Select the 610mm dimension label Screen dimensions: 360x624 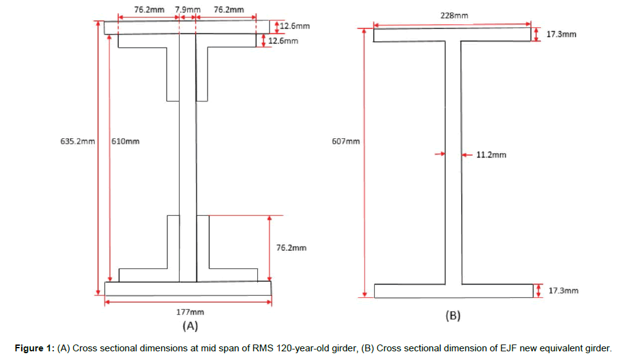pyautogui.click(x=126, y=141)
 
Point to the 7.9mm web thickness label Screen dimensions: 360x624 pyautogui.click(x=187, y=10)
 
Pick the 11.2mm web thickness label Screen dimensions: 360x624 pyautogui.click(x=491, y=155)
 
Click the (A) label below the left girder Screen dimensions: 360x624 pyautogui.click(x=190, y=325)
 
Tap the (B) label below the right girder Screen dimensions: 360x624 pyautogui.click(x=454, y=315)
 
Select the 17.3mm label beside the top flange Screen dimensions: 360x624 pyautogui.click(x=561, y=34)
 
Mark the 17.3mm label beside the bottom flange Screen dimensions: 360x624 pyautogui.click(x=564, y=291)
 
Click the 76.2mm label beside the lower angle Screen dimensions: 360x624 pyautogui.click(x=291, y=248)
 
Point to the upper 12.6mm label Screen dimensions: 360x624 pyautogui.click(x=295, y=27)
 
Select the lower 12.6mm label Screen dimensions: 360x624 pyautogui.click(x=283, y=41)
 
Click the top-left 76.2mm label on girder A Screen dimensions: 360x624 pyautogui.click(x=149, y=10)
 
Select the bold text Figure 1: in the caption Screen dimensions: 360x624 pyautogui.click(x=34, y=348)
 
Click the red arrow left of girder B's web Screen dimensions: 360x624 pyautogui.click(x=439, y=154)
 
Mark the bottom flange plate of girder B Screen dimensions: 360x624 pyautogui.click(x=454, y=291)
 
